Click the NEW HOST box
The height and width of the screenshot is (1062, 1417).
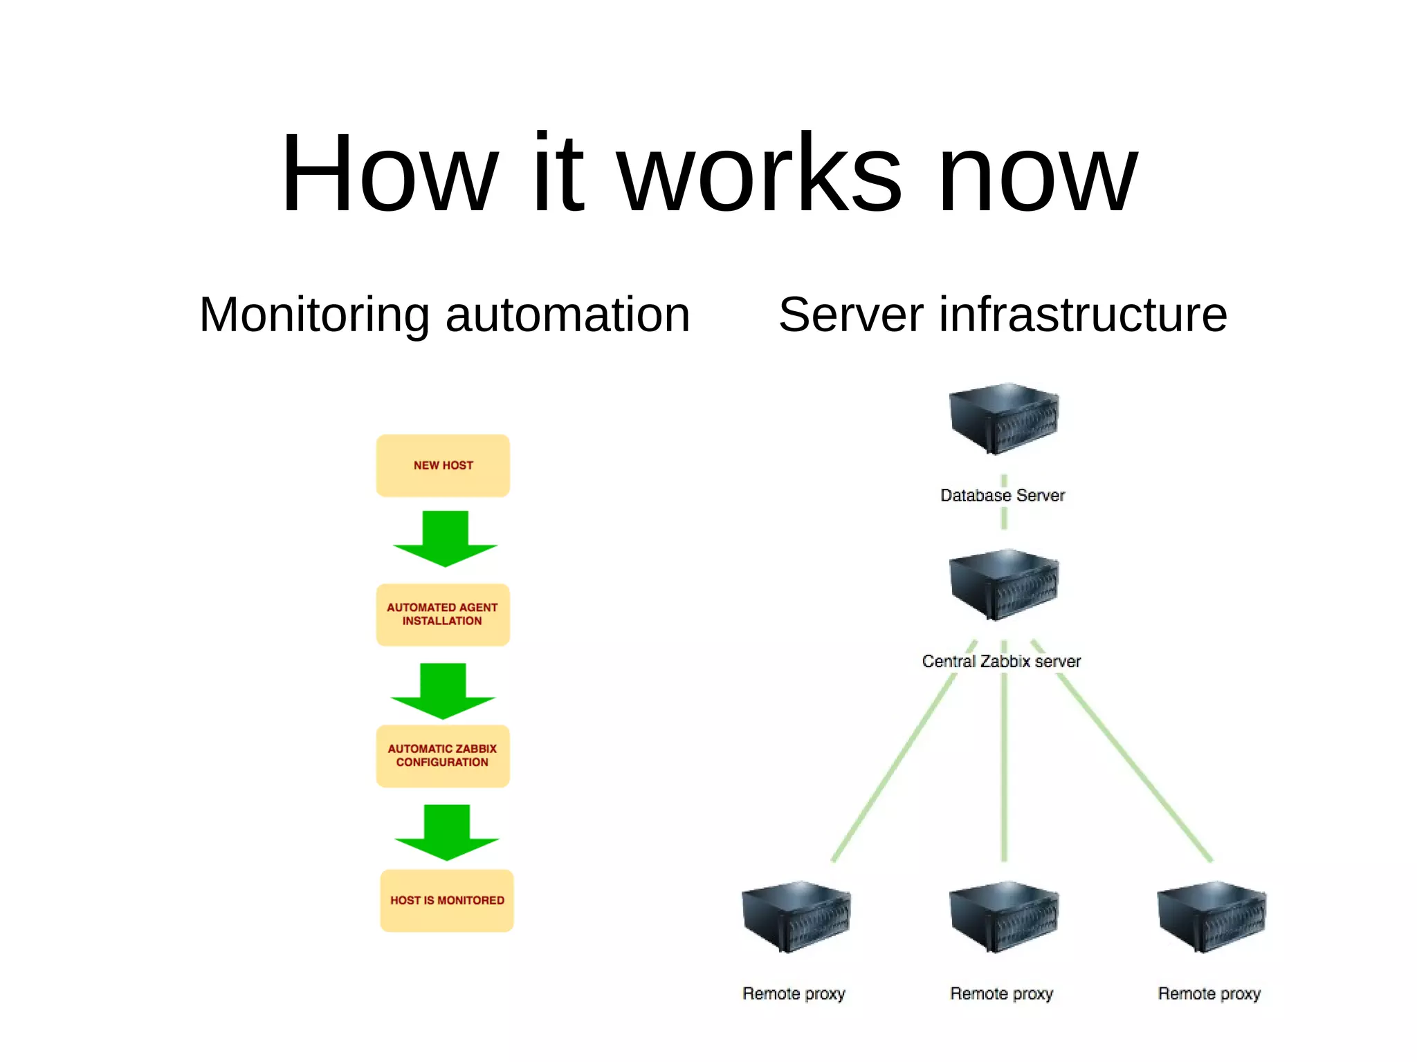click(x=443, y=465)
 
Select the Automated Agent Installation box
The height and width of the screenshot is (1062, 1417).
click(x=443, y=615)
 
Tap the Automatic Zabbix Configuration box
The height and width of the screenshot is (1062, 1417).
click(x=443, y=756)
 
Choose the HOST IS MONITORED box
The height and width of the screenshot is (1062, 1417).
click(x=447, y=900)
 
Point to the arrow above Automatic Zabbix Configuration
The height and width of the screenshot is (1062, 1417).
click(x=443, y=691)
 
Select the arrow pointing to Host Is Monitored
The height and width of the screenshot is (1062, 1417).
click(x=446, y=832)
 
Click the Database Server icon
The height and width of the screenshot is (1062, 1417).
click(x=1003, y=418)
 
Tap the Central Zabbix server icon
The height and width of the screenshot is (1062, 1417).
click(x=1003, y=584)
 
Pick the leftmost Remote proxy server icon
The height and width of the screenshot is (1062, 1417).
click(x=796, y=916)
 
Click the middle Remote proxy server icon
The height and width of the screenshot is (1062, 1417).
click(x=1003, y=916)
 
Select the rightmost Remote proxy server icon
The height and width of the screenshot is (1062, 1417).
click(x=1211, y=916)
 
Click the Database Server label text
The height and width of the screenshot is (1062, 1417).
click(x=1003, y=495)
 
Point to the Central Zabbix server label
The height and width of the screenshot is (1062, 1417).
click(x=1001, y=661)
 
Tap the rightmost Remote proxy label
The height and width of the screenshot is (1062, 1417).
click(x=1209, y=994)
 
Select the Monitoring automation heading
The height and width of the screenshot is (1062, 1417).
click(x=444, y=315)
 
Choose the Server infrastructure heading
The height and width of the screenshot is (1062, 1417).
click(x=1003, y=315)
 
